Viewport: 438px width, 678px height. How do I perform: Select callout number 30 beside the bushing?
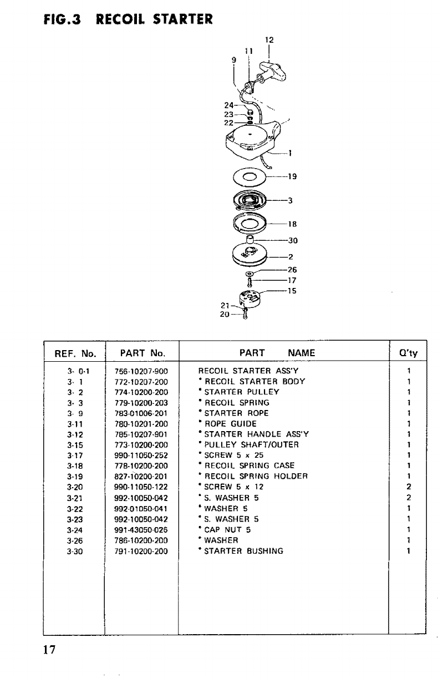click(292, 240)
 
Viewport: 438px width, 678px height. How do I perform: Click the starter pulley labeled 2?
click(250, 256)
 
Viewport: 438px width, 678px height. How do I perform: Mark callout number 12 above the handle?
click(269, 40)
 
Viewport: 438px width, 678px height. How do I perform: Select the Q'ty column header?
click(408, 353)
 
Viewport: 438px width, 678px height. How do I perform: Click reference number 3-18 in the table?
click(75, 466)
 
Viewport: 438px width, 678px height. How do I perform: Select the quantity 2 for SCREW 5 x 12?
click(408, 487)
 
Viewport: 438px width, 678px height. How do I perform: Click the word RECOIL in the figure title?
click(118, 20)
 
